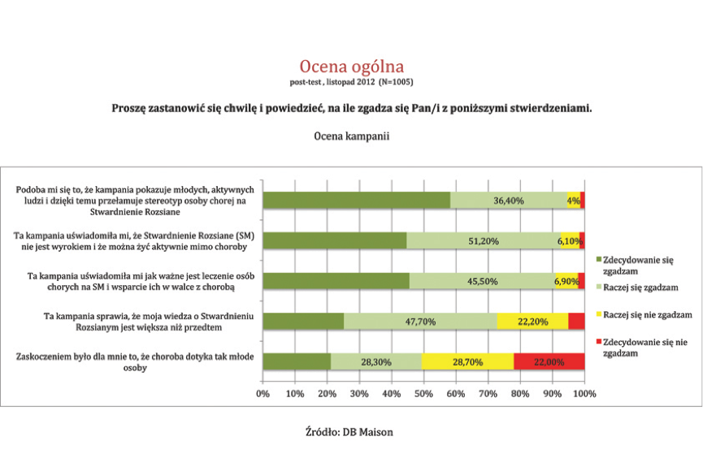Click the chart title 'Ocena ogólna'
(351, 67)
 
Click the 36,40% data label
(509, 201)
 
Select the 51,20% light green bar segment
(484, 240)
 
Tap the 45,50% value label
(483, 282)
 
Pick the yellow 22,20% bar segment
(532, 322)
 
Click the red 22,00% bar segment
(549, 361)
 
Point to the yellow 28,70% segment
(467, 361)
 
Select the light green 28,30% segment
(376, 361)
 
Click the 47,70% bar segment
(420, 322)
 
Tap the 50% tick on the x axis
(423, 394)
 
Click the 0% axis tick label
(263, 394)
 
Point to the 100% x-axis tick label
(584, 394)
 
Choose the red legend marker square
(598, 342)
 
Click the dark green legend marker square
(598, 260)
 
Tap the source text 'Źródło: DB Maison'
(349, 432)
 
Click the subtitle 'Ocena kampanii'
(351, 136)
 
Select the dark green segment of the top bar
(357, 201)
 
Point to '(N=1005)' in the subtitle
(396, 82)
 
